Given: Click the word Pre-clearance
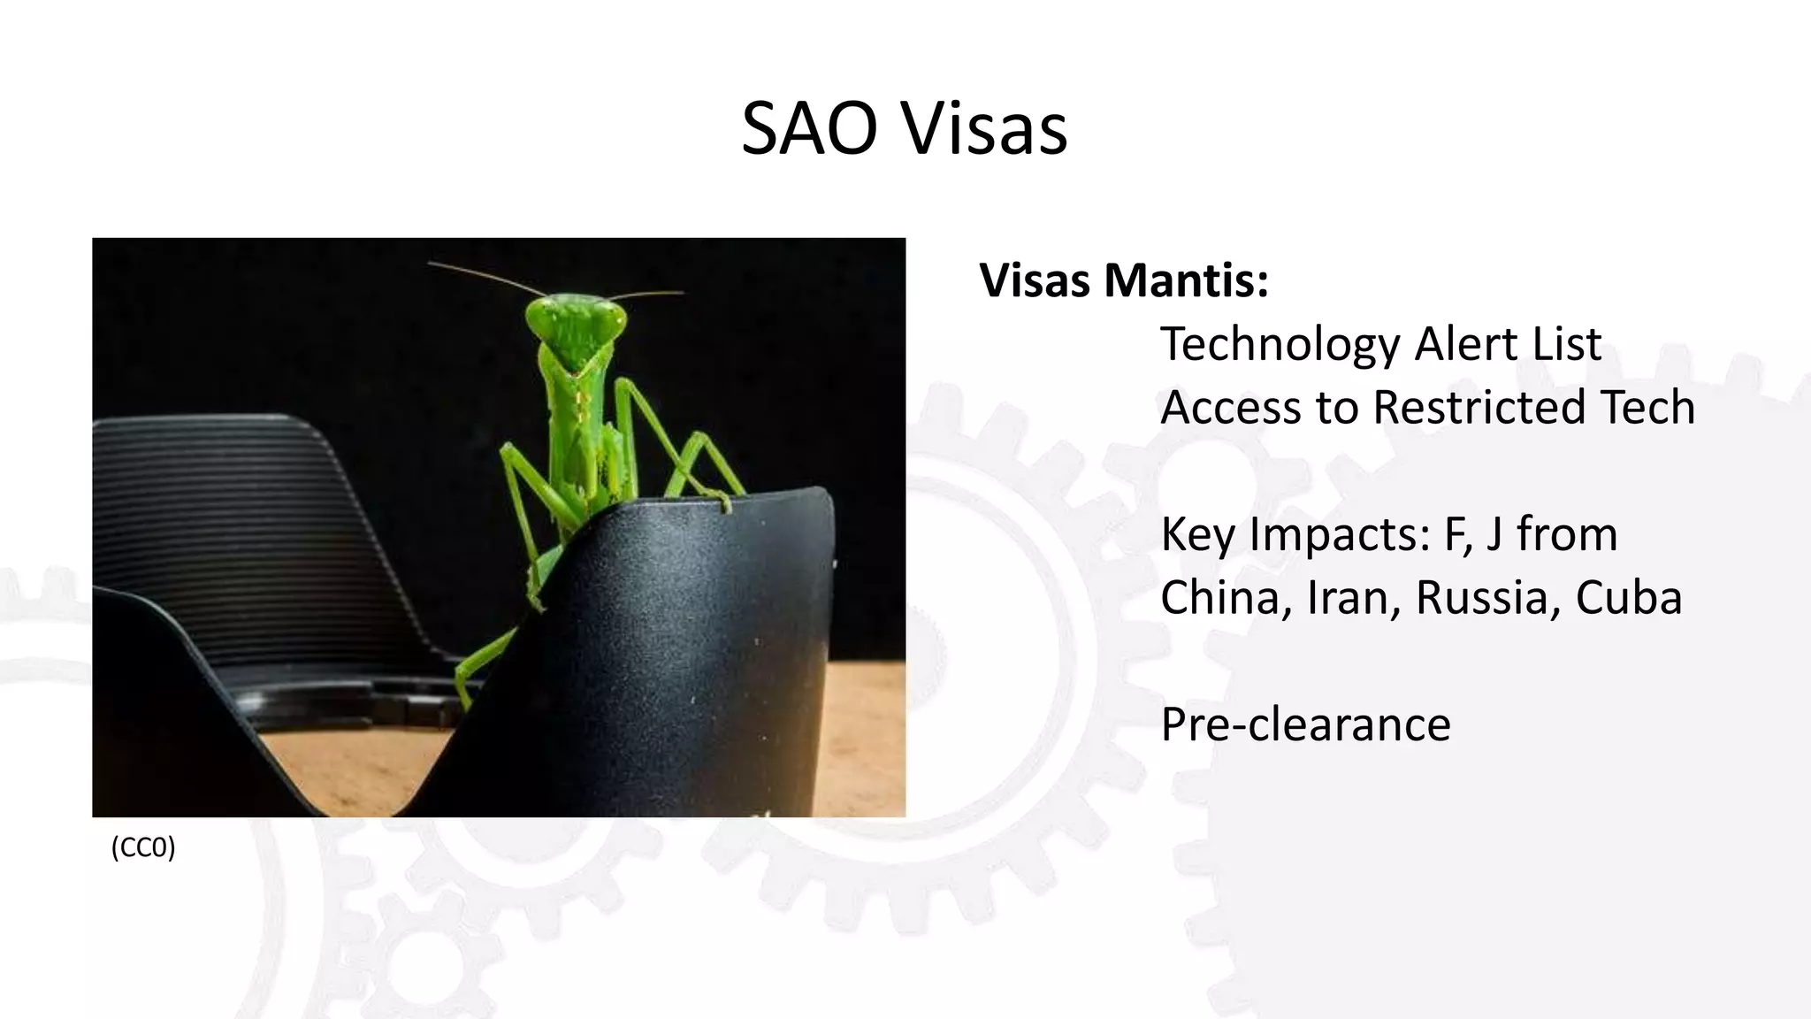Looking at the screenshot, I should (x=1305, y=724).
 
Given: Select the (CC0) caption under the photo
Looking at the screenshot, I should (x=143, y=847).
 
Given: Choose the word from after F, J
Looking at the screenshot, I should (x=1567, y=535).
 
